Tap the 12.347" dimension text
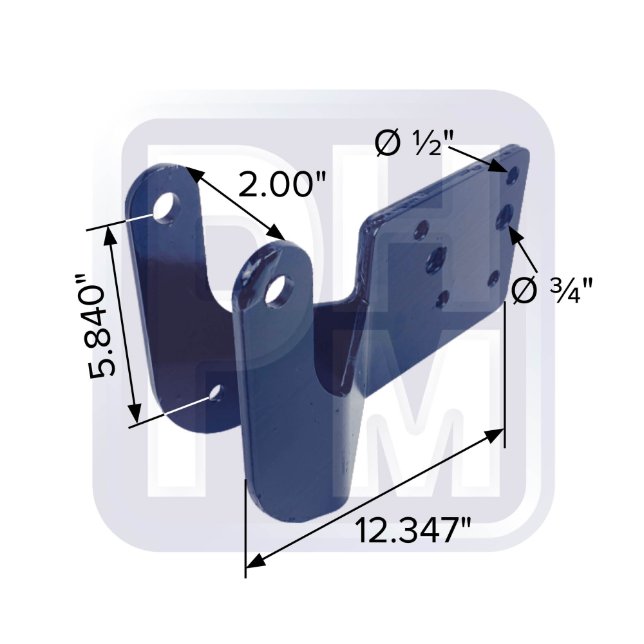pos(413,532)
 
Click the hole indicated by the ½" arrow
pos(513,175)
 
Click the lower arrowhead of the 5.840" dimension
pos(134,412)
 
